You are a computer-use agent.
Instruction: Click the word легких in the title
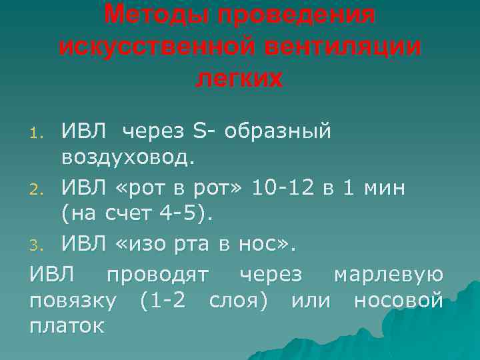click(239, 78)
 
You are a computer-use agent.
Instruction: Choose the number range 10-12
click(286, 187)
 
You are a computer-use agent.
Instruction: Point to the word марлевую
click(387, 273)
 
